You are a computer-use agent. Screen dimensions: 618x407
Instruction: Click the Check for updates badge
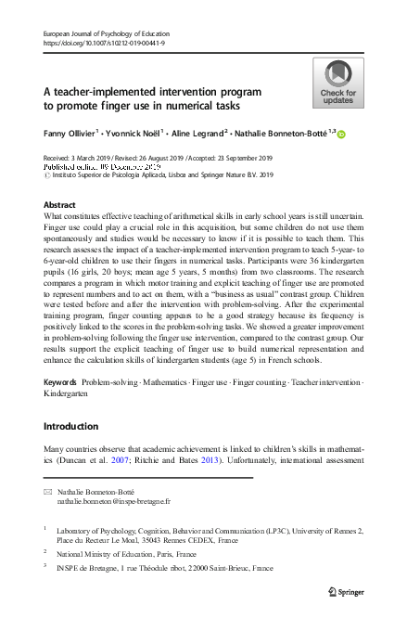(x=337, y=84)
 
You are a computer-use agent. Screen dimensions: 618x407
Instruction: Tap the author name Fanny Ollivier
(x=73, y=134)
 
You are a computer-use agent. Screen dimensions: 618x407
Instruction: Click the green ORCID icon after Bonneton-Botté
(x=341, y=135)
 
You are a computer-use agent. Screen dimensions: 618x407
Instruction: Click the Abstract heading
(x=60, y=204)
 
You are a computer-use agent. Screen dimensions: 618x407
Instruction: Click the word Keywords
(x=60, y=383)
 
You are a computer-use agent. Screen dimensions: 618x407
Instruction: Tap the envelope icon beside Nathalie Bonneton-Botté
(x=48, y=491)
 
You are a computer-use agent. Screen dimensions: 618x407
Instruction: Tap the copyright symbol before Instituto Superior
(x=48, y=174)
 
